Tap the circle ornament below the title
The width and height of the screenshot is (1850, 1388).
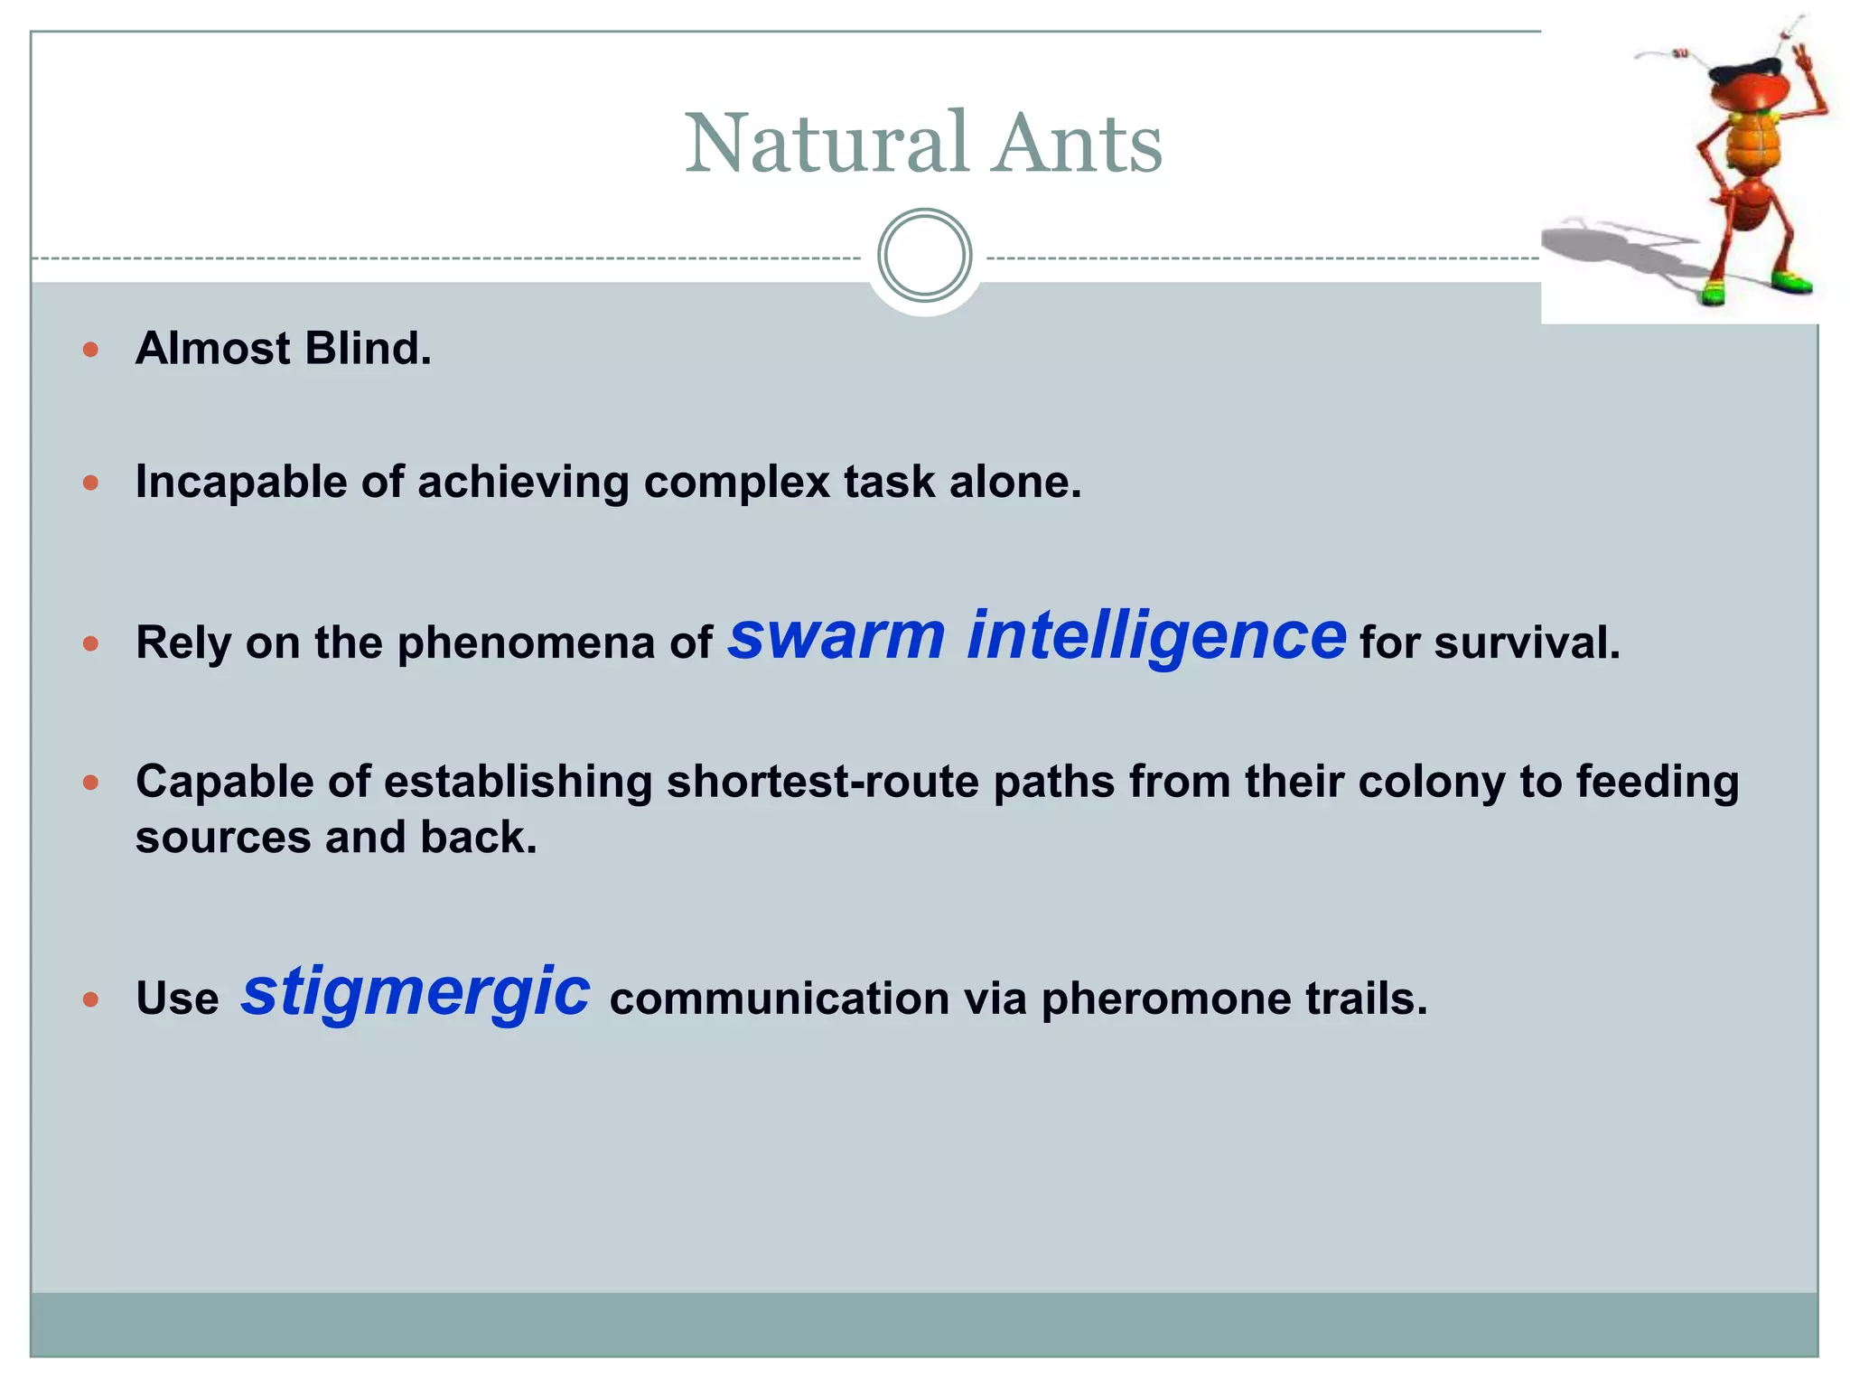tap(924, 256)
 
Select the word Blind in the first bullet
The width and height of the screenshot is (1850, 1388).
tap(368, 349)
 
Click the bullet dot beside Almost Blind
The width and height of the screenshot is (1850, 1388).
tap(90, 350)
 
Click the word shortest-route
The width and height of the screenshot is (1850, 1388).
tap(822, 782)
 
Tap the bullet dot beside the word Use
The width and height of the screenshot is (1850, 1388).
tap(90, 999)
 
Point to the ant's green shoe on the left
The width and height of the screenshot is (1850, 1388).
tap(1712, 292)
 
